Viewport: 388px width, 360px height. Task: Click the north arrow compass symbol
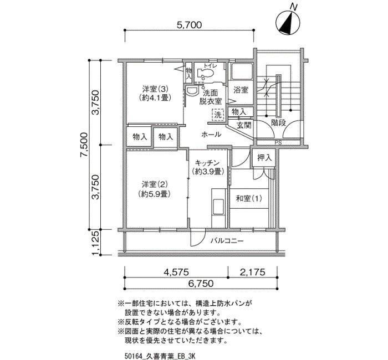pyautogui.click(x=288, y=22)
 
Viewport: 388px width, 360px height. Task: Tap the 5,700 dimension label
pyautogui.click(x=190, y=25)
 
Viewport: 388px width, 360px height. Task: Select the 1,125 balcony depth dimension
pyautogui.click(x=95, y=243)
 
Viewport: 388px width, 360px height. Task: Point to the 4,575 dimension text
pyautogui.click(x=176, y=272)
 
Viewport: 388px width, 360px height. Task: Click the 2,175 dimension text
pyautogui.click(x=252, y=272)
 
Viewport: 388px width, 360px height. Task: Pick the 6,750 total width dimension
pyautogui.click(x=201, y=284)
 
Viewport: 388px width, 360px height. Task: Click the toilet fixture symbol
pyautogui.click(x=205, y=73)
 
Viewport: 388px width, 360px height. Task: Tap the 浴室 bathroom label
pyautogui.click(x=241, y=90)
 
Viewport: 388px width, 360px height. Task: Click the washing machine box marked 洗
pyautogui.click(x=218, y=115)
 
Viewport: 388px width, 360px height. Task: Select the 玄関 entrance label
pyautogui.click(x=244, y=125)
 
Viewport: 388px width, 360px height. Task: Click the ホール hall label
pyautogui.click(x=211, y=135)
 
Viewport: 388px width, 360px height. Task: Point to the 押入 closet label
pyautogui.click(x=264, y=157)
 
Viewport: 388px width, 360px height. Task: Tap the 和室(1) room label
pyautogui.click(x=249, y=198)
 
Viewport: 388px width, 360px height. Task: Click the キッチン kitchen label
pyautogui.click(x=207, y=163)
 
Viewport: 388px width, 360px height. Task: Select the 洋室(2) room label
pyautogui.click(x=155, y=184)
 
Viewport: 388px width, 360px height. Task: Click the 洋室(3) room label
pyautogui.click(x=155, y=88)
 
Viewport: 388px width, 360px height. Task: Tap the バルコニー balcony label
pyautogui.click(x=227, y=240)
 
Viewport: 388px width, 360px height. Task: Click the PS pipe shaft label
pyautogui.click(x=278, y=143)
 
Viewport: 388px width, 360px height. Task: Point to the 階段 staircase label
pyautogui.click(x=278, y=122)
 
